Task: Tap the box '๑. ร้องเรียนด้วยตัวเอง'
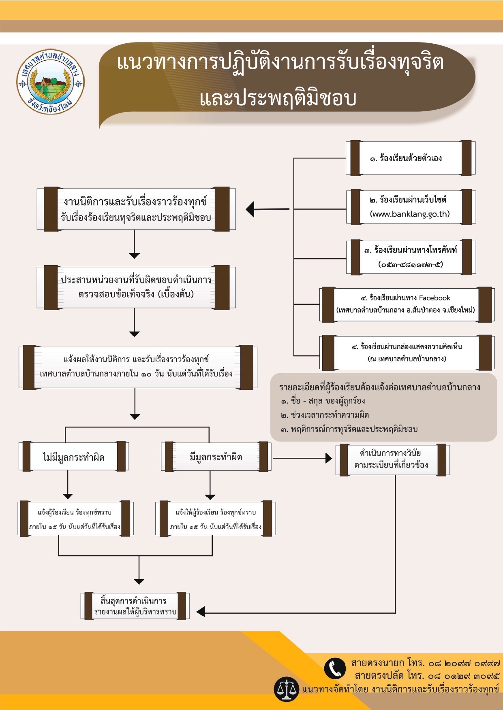point(410,158)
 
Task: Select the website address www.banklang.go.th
point(410,214)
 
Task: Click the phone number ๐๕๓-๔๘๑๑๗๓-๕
point(410,264)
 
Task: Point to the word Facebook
point(435,298)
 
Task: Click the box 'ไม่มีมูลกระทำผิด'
point(74,457)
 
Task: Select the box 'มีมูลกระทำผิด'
point(216,457)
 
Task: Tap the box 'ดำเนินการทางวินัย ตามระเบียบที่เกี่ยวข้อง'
point(392,459)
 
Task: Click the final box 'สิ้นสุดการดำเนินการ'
point(135,606)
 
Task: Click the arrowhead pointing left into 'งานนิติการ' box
point(250,209)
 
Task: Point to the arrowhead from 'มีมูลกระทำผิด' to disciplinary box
point(329,458)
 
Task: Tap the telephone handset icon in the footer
point(335,668)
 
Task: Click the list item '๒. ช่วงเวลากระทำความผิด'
point(325,415)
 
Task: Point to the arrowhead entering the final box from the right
point(200,612)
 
